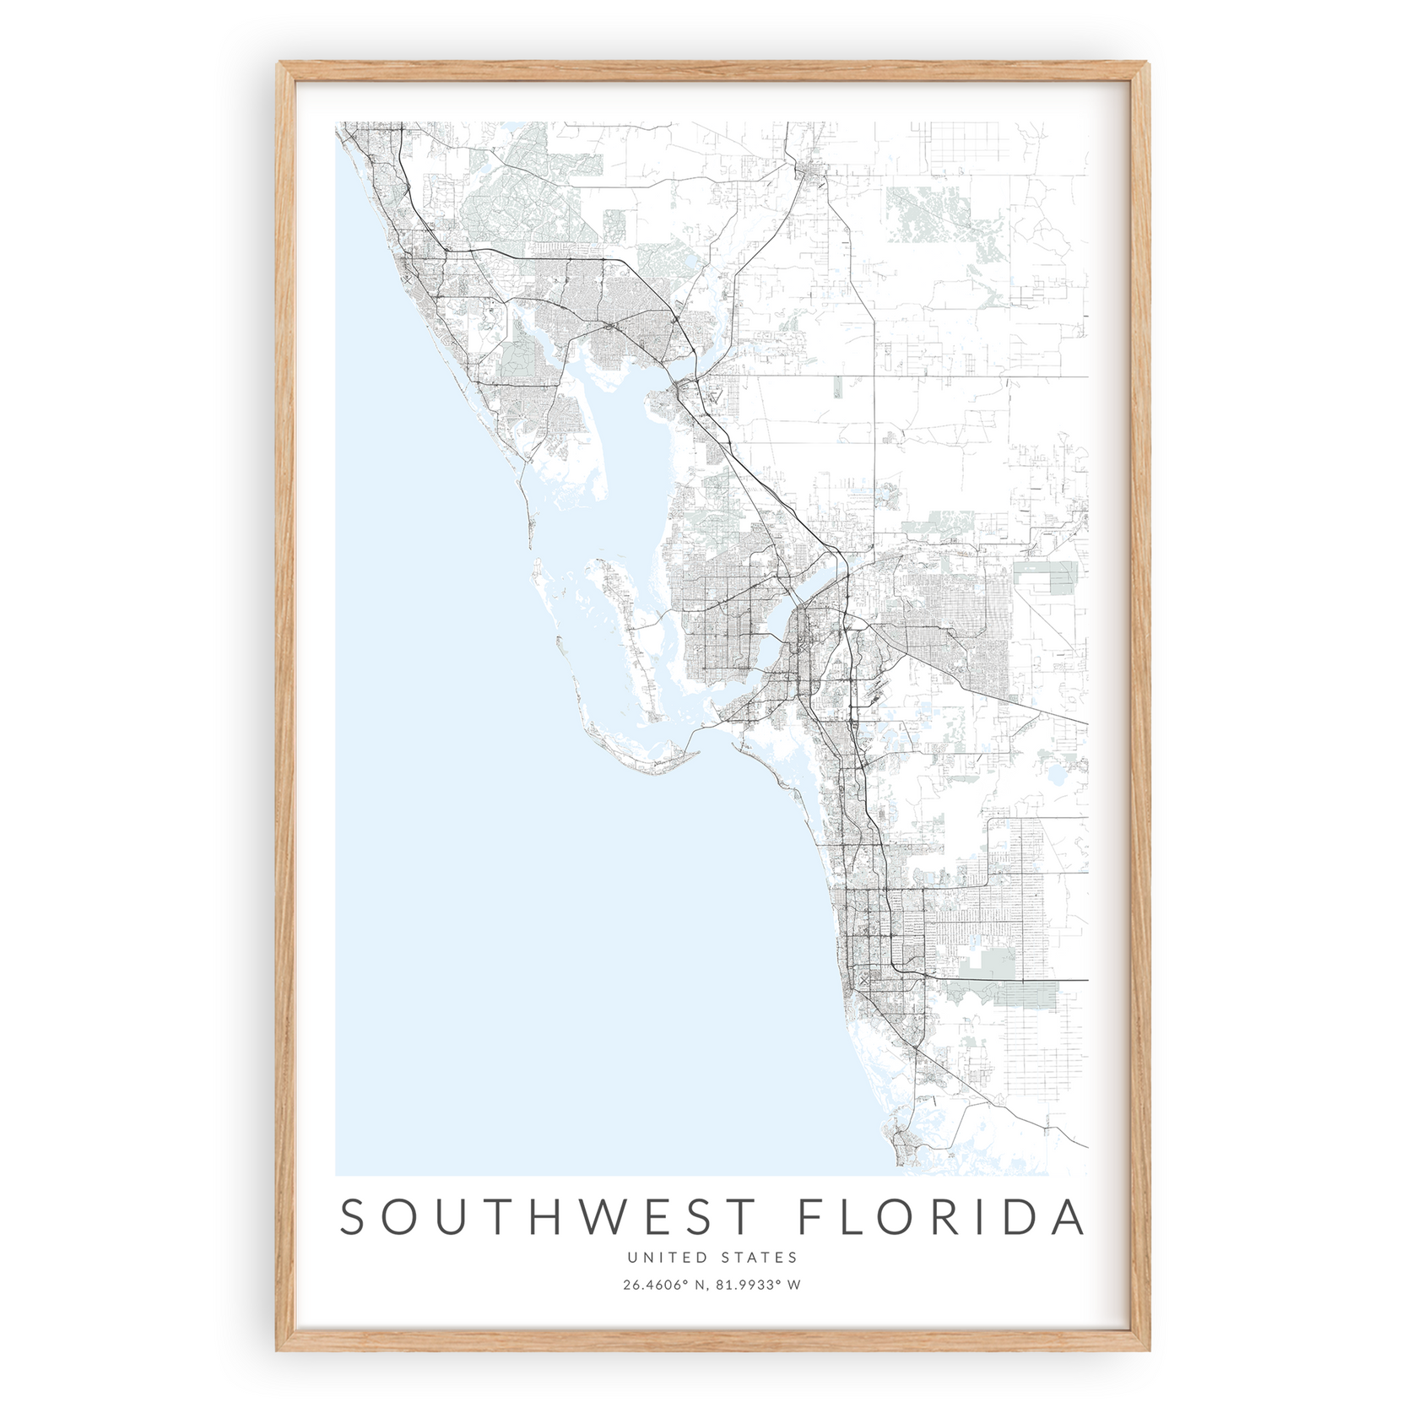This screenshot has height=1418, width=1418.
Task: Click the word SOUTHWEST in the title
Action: click(546, 1217)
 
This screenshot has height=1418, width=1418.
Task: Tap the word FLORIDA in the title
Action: click(940, 1217)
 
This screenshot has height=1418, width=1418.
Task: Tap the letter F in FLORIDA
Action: click(810, 1217)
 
